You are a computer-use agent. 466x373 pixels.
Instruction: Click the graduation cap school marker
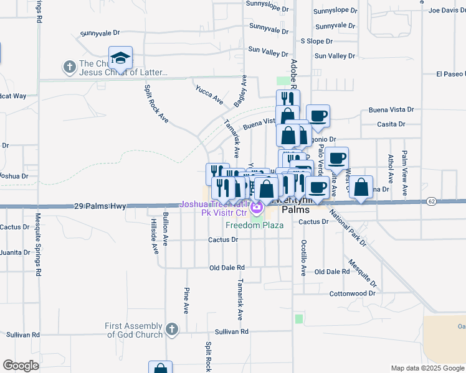[120, 58]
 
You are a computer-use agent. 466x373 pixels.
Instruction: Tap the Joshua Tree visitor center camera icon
[257, 205]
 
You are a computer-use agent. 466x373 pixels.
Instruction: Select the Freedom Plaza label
[254, 225]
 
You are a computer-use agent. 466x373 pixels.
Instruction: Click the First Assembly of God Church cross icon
[173, 328]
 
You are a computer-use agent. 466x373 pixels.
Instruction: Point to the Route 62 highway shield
[431, 201]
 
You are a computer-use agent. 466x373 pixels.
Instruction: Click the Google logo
[21, 366]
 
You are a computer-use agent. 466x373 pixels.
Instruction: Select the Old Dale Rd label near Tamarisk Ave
[227, 268]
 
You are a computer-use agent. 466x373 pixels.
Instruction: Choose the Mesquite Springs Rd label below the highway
[38, 246]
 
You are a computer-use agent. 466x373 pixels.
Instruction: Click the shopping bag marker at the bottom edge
[160, 368]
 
